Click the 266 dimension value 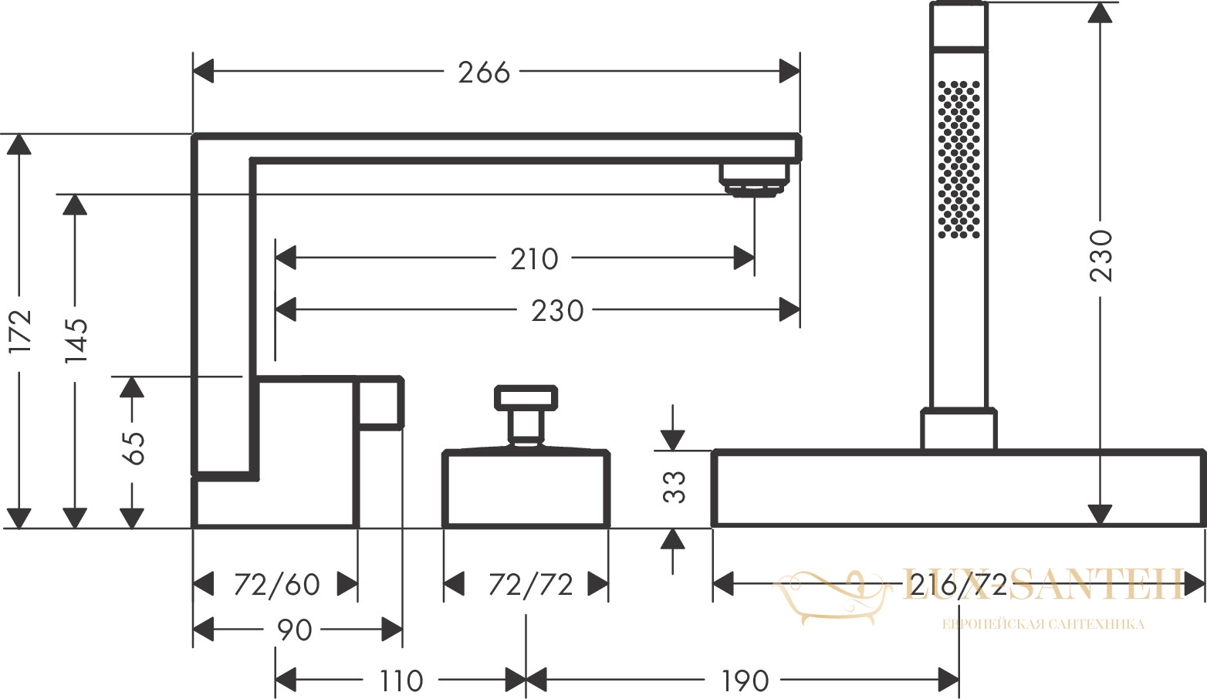[x=483, y=73]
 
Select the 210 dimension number [x=534, y=259]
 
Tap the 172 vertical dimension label [x=21, y=331]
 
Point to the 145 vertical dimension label [x=76, y=340]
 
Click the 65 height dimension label [x=133, y=448]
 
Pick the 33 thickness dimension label [x=674, y=487]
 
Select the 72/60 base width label [x=276, y=585]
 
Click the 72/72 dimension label [x=530, y=585]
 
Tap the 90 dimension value [x=294, y=630]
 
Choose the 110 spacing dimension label [x=401, y=681]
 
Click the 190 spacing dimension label [x=745, y=681]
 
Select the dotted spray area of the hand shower [x=959, y=160]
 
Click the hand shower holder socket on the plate [x=958, y=429]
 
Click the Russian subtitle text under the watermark [x=1043, y=625]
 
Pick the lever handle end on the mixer [x=380, y=403]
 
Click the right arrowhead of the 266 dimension [x=789, y=71]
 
